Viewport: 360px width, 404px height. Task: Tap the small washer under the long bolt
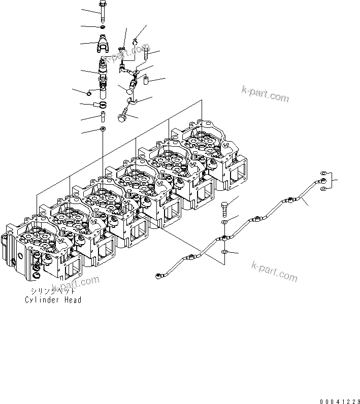103,27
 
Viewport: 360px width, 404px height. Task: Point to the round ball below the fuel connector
130,91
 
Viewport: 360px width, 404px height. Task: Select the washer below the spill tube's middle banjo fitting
224,252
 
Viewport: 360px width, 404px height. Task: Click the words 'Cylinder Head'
53,300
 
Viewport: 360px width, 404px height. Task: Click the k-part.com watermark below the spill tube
274,272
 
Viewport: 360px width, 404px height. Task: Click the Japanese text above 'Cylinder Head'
52,291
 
